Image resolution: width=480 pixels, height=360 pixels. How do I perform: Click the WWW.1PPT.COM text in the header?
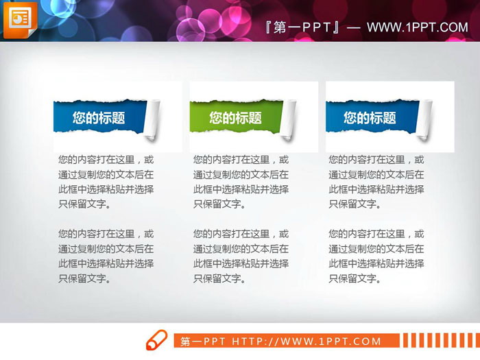[x=417, y=27]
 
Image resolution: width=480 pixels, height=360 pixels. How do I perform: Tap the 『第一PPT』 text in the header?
[x=302, y=27]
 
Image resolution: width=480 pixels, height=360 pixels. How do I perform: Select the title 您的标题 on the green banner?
[x=235, y=118]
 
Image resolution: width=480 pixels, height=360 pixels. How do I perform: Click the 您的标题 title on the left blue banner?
[x=99, y=118]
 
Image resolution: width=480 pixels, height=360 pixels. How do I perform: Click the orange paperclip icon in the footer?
[x=156, y=340]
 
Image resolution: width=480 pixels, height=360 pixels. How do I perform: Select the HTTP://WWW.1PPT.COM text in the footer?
[x=307, y=341]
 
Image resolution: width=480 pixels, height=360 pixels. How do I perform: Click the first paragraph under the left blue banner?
[x=106, y=181]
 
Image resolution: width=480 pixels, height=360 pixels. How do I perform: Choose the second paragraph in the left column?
[x=106, y=256]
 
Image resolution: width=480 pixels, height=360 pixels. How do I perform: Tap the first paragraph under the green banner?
[x=241, y=181]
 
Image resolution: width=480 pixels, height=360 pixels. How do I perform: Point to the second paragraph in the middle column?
[x=241, y=256]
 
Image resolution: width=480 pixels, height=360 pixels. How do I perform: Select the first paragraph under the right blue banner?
[x=376, y=181]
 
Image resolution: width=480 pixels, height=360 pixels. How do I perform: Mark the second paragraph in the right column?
[x=376, y=256]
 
